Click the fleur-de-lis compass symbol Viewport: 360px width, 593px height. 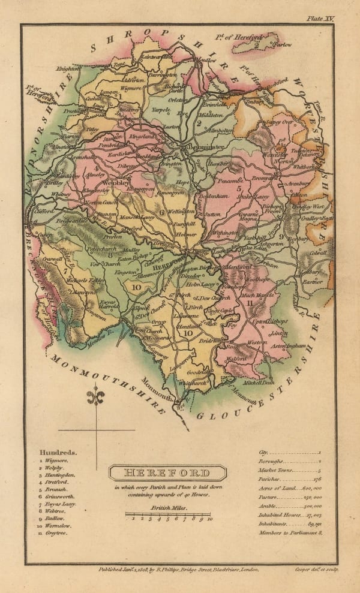pyautogui.click(x=97, y=397)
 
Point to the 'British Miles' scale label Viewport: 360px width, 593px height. pyautogui.click(x=167, y=507)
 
